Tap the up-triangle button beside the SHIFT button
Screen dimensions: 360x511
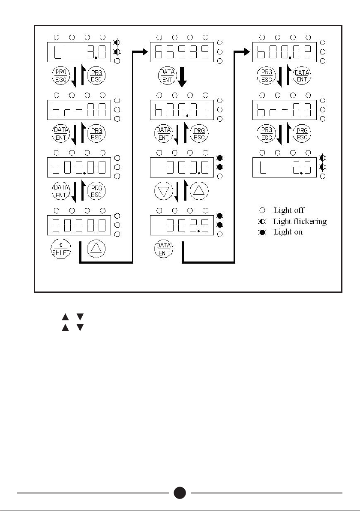[x=96, y=249]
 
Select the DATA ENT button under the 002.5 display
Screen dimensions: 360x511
[x=163, y=249]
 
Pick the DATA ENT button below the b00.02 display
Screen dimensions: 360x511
[x=303, y=76]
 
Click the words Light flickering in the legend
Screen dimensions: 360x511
[x=300, y=222]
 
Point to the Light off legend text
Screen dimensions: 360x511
[x=289, y=210]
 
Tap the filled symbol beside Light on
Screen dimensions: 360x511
[x=262, y=232]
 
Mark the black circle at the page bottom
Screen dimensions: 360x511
[x=180, y=493]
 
